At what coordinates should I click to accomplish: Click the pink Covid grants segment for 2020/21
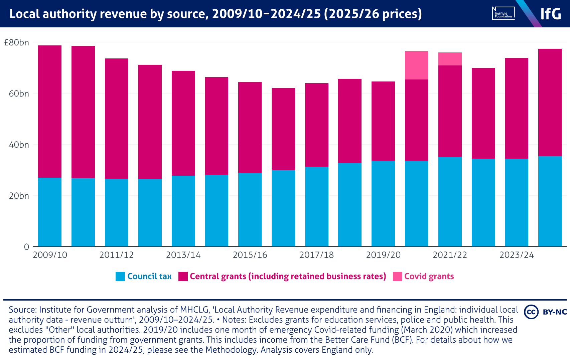click(416, 65)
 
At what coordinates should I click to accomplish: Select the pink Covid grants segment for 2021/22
click(450, 59)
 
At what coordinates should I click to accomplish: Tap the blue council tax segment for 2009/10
click(50, 212)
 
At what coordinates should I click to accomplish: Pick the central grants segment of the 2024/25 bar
click(550, 103)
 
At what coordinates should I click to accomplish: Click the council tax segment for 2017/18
click(316, 206)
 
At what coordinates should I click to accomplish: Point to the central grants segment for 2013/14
click(183, 123)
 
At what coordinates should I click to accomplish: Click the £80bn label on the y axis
click(16, 43)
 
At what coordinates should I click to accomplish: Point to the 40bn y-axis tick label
click(19, 145)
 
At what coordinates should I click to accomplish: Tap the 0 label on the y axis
click(26, 247)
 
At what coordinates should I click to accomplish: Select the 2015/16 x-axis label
click(250, 255)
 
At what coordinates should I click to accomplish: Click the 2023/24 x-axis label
click(517, 255)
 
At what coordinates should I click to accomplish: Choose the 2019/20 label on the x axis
click(383, 255)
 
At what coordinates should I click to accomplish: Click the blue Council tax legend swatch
click(120, 277)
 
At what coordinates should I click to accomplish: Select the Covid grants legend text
click(429, 277)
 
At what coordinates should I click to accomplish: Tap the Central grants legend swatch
click(183, 277)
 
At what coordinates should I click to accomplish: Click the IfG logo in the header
click(551, 14)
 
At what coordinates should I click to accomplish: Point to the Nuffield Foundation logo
click(503, 14)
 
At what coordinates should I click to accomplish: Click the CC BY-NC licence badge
click(545, 312)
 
